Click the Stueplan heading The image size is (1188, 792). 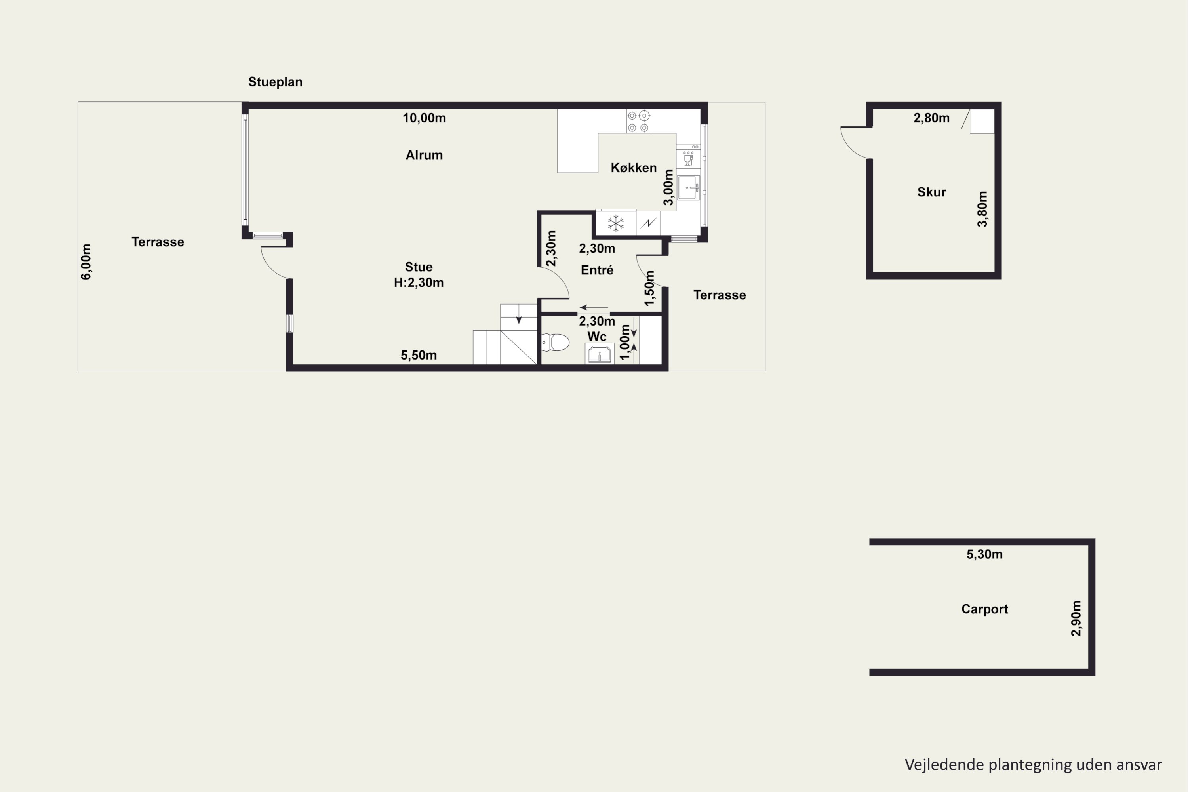click(x=275, y=82)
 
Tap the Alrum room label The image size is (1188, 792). click(x=424, y=155)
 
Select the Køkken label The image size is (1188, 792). click(x=633, y=168)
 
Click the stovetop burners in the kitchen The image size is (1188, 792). click(x=638, y=121)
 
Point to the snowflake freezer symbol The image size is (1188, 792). click(x=616, y=223)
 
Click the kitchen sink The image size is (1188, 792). click(x=689, y=188)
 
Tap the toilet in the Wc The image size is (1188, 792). click(x=555, y=343)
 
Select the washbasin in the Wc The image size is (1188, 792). click(x=600, y=353)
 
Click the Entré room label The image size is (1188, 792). click(x=597, y=270)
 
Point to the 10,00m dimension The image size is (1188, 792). click(x=424, y=118)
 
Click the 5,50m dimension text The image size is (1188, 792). click(x=419, y=356)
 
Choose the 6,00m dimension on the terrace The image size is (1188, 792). click(x=86, y=262)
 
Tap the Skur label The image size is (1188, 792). click(x=931, y=192)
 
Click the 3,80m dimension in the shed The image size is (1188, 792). click(x=982, y=209)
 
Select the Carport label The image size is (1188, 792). click(x=984, y=609)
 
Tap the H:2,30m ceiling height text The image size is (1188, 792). click(x=419, y=283)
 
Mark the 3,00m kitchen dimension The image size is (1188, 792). click(x=668, y=187)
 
